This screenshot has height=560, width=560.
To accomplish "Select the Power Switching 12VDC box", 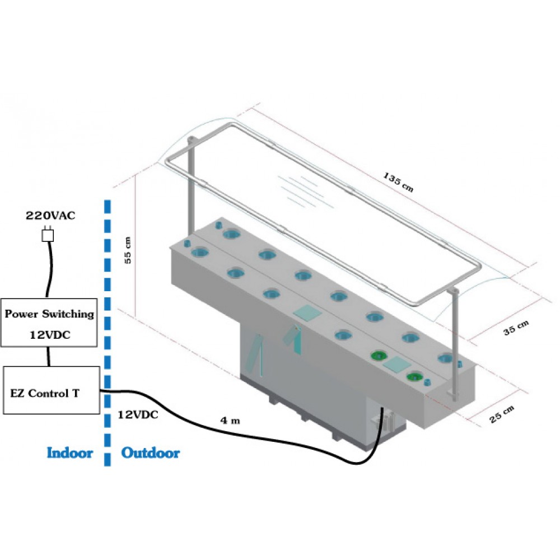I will [x=49, y=322].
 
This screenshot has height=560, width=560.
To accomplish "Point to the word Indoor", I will [x=69, y=452].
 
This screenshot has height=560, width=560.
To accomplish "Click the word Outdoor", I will [x=151, y=452].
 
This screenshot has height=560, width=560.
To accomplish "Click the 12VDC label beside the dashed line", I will [x=138, y=415].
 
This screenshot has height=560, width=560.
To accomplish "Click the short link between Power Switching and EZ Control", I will [x=49, y=356].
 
